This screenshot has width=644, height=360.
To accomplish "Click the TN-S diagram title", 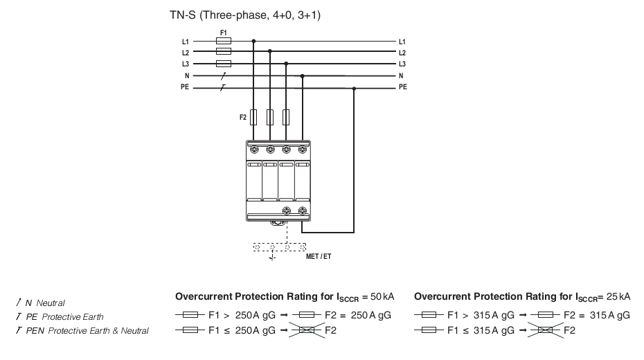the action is click(x=245, y=15).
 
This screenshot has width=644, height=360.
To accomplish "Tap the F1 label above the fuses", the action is click(x=224, y=33).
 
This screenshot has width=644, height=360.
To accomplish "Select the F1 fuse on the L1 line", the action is click(x=224, y=41).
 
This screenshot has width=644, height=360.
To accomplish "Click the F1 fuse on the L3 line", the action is click(x=224, y=64).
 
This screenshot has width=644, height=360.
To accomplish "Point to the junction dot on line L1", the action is click(x=253, y=41).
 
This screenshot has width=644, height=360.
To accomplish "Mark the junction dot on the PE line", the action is click(x=354, y=88).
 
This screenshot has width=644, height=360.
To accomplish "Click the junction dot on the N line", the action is click(x=303, y=76).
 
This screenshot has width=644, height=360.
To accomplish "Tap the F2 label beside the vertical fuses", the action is click(x=243, y=118).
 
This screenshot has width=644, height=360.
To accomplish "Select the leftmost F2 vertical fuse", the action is click(x=253, y=117).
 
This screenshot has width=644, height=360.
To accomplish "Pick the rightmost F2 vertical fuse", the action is click(x=286, y=117).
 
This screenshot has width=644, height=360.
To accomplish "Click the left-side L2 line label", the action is click(x=185, y=53).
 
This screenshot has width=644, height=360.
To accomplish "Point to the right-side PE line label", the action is click(x=402, y=87).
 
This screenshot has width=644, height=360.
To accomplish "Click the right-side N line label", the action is click(x=401, y=75).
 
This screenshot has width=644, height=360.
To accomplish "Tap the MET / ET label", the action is click(x=319, y=257).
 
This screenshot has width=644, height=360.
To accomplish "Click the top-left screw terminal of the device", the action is click(x=254, y=150).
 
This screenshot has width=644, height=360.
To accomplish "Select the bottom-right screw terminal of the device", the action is click(x=303, y=210).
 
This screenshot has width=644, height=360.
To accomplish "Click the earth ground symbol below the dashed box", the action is click(x=272, y=257).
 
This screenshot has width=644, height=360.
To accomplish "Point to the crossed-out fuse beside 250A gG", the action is click(x=306, y=330).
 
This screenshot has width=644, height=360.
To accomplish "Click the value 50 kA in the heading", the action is click(x=382, y=296).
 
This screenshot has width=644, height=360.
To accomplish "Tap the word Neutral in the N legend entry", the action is click(x=51, y=303).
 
